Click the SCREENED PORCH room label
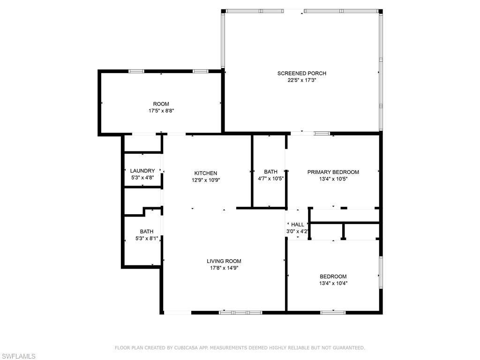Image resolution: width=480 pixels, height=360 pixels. click(x=301, y=73)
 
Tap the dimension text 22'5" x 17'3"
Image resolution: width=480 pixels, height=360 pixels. click(x=301, y=80)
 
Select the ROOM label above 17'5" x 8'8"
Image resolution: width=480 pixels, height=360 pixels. click(x=161, y=104)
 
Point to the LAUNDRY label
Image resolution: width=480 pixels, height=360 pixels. click(x=142, y=171)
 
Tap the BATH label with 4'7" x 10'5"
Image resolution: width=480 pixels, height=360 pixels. click(x=270, y=172)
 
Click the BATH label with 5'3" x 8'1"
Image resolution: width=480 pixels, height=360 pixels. click(x=146, y=232)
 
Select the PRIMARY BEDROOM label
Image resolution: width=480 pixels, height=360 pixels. click(x=333, y=172)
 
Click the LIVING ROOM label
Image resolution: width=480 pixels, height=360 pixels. click(x=224, y=261)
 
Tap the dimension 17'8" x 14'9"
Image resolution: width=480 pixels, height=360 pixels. click(x=224, y=268)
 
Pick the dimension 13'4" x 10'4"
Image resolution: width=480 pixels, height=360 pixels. click(x=333, y=283)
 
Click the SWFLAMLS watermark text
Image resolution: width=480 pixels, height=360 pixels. click(x=18, y=357)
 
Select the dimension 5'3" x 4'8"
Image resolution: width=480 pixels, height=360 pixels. click(x=142, y=178)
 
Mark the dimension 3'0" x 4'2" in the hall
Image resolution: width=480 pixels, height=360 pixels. click(x=298, y=232)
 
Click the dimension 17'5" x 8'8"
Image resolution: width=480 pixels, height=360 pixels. click(x=161, y=111)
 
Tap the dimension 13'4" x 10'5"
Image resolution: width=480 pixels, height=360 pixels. click(x=333, y=179)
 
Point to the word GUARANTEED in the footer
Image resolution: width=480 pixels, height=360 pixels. click(x=347, y=348)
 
